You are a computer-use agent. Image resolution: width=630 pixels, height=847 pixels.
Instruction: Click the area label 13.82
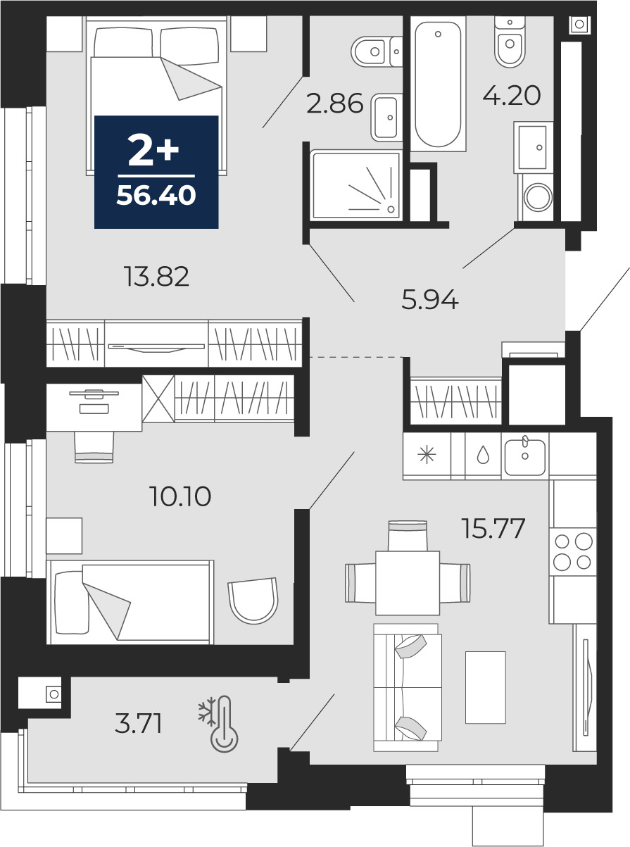click(x=156, y=277)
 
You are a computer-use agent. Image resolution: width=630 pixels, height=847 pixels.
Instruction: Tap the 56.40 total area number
click(x=156, y=195)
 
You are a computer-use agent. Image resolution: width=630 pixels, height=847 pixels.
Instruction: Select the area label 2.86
click(x=334, y=103)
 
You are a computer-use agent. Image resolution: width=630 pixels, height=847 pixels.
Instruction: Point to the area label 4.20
click(x=512, y=95)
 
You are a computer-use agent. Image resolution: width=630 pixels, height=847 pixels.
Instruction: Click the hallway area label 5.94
click(x=430, y=299)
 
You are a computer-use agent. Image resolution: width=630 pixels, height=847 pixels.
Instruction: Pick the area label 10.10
click(x=180, y=496)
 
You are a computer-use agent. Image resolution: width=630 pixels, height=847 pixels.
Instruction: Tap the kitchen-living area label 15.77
click(x=493, y=528)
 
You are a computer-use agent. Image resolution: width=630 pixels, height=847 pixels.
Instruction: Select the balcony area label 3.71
click(x=138, y=723)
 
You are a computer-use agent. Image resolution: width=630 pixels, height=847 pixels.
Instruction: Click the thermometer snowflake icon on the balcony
click(x=219, y=724)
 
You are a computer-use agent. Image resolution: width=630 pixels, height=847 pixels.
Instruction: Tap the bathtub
click(x=438, y=84)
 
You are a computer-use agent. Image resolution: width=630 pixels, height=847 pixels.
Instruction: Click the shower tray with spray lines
click(x=356, y=185)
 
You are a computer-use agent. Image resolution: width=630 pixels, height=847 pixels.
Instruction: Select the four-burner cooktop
click(x=573, y=551)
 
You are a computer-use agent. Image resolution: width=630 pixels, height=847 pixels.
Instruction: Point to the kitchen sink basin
click(x=525, y=457)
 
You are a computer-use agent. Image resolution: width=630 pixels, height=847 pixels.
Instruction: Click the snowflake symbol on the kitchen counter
click(x=427, y=456)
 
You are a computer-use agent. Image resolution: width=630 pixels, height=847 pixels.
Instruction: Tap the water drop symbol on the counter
click(x=483, y=456)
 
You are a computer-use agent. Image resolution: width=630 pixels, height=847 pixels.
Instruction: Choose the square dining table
click(x=408, y=583)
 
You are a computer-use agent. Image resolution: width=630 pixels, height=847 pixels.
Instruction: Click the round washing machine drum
click(x=538, y=197)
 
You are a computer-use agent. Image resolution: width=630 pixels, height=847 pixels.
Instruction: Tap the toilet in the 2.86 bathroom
click(x=377, y=51)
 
